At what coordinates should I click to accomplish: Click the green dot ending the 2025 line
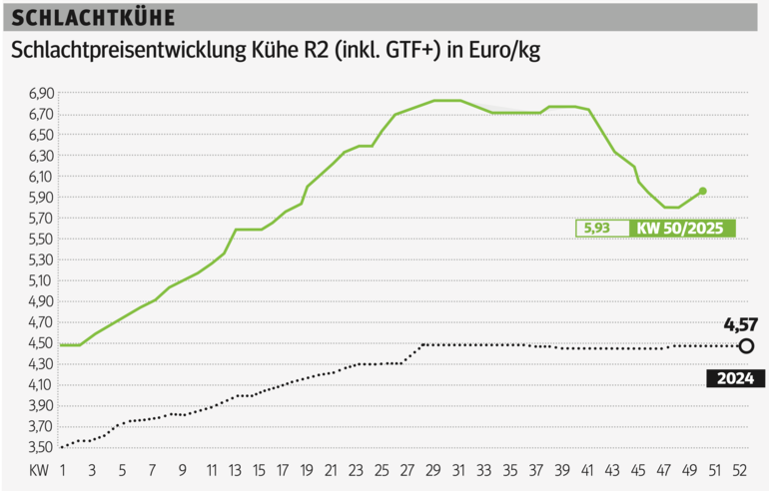pyautogui.click(x=703, y=191)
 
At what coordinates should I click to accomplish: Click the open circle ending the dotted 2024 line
pyautogui.click(x=747, y=346)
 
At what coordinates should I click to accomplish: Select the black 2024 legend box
pyautogui.click(x=735, y=378)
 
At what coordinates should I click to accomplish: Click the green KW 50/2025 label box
pyautogui.click(x=684, y=229)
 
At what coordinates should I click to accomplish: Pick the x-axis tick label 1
pyautogui.click(x=62, y=469)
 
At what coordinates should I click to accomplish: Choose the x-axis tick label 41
pyautogui.click(x=587, y=469)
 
